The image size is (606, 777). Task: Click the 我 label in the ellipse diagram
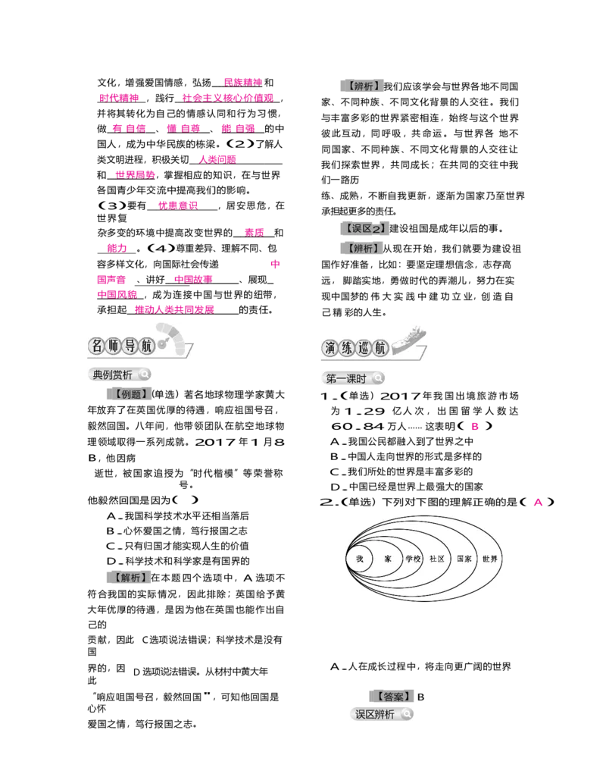coord(360,559)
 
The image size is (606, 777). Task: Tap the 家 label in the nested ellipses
coord(388,559)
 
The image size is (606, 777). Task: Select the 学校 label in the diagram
coord(413,559)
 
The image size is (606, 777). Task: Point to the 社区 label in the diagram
coord(437,559)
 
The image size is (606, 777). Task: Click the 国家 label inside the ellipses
coord(464,559)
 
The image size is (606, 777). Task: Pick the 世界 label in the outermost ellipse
coord(489,559)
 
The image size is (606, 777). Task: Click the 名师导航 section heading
coord(122,346)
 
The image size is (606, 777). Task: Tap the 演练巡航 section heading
coord(355,348)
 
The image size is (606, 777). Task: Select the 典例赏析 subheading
coord(113,374)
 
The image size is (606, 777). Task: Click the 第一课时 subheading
coord(346,378)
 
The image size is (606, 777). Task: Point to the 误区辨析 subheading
coord(375,714)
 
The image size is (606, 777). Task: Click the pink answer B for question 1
coord(475,426)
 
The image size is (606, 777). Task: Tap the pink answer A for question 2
coord(538,502)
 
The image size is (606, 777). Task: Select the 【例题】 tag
coord(130,394)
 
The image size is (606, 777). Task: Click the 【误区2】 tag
coord(364,228)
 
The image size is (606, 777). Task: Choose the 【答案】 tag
coord(392,696)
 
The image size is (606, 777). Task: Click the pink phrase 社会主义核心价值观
coord(228,98)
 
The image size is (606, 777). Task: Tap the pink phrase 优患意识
coord(178,205)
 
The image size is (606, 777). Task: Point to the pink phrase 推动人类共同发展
coord(174,310)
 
